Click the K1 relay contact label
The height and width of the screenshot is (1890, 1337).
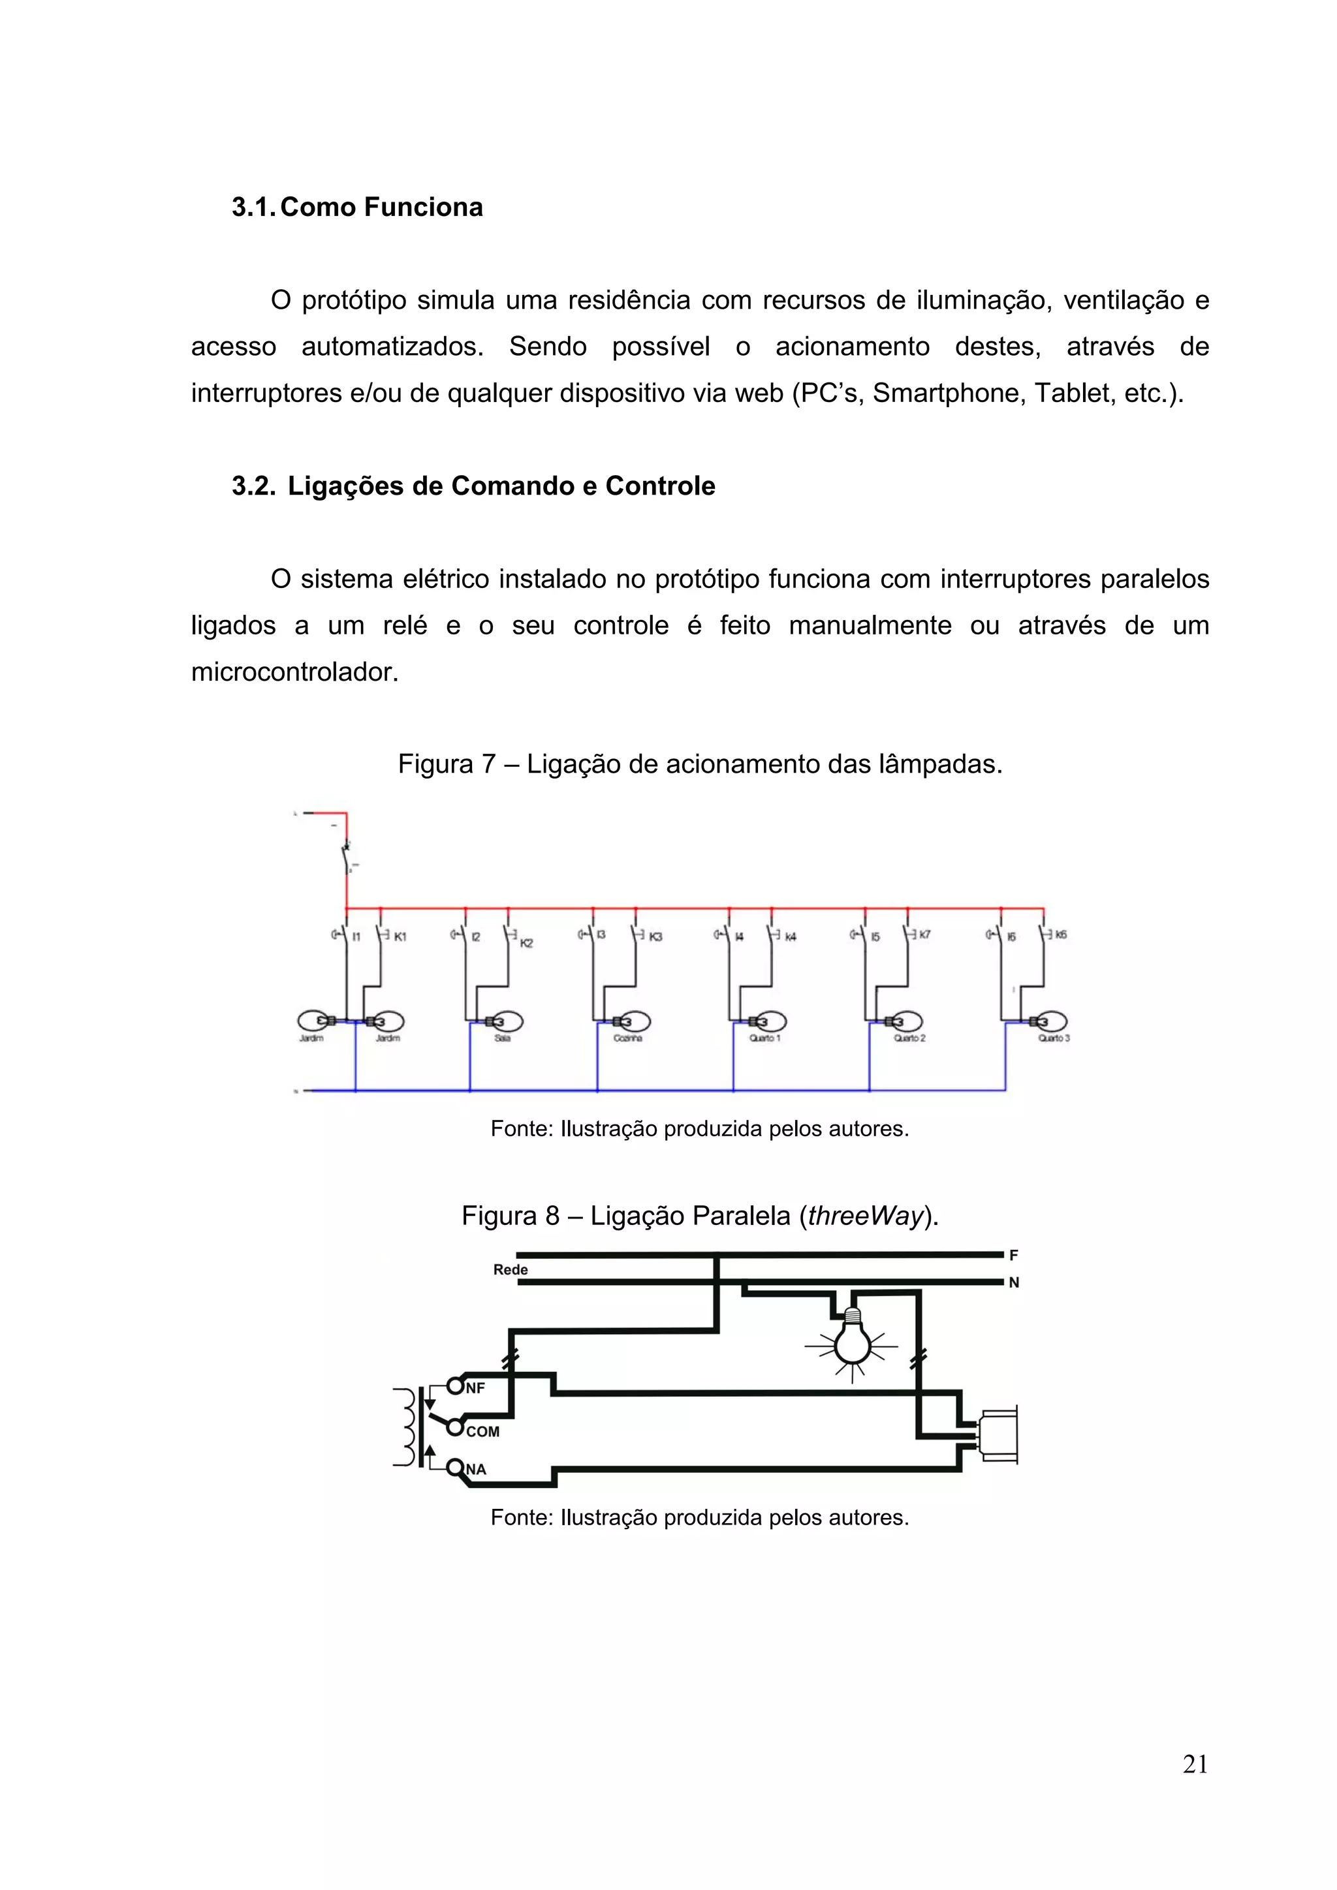400,937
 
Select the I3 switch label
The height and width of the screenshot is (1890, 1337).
602,935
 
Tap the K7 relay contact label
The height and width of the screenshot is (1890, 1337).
924,935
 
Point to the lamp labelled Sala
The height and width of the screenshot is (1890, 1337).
504,1021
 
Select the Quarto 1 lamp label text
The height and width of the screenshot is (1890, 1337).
765,1038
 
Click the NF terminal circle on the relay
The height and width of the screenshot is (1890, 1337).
455,1386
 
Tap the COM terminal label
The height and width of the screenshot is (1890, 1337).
482,1431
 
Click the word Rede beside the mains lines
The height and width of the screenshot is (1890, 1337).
511,1269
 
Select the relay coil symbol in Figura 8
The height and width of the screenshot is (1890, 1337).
404,1427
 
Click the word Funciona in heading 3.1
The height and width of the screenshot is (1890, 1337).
423,207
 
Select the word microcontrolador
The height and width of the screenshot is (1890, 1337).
294,672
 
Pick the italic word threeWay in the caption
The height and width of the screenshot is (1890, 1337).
865,1216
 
